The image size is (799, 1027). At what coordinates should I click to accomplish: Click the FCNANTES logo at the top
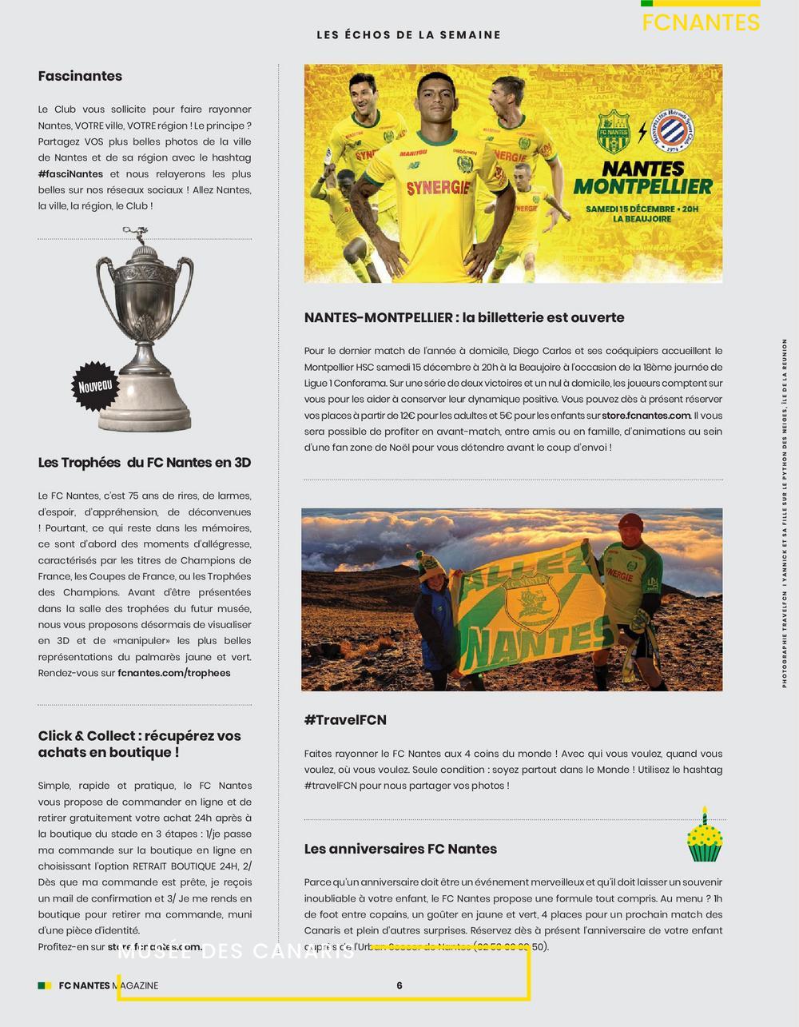701,22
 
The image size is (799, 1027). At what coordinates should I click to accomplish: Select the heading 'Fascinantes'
80,77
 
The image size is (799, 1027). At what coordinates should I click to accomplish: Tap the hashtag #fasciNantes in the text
70,174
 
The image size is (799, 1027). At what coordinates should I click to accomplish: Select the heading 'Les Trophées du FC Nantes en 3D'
145,463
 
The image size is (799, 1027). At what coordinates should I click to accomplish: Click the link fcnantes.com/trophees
173,673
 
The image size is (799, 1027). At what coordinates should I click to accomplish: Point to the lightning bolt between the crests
644,132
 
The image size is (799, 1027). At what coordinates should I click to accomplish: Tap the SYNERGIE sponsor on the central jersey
437,189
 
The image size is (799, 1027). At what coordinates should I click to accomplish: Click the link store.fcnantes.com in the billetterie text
646,416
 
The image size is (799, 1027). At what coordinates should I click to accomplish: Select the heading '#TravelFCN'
345,720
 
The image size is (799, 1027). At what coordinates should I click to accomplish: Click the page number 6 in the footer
399,985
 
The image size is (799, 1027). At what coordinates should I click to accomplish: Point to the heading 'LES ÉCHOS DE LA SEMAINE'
408,35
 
